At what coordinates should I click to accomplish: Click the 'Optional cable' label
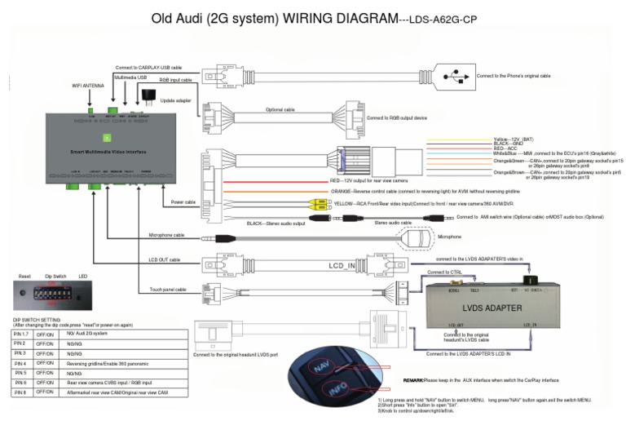point(280,109)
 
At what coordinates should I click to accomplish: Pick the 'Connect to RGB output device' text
point(396,117)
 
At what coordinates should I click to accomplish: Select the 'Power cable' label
point(183,202)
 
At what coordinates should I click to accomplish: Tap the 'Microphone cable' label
point(167,235)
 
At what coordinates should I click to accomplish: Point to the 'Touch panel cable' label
point(168,289)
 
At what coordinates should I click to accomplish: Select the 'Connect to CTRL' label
point(445,272)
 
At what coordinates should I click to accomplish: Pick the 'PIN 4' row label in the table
point(20,362)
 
